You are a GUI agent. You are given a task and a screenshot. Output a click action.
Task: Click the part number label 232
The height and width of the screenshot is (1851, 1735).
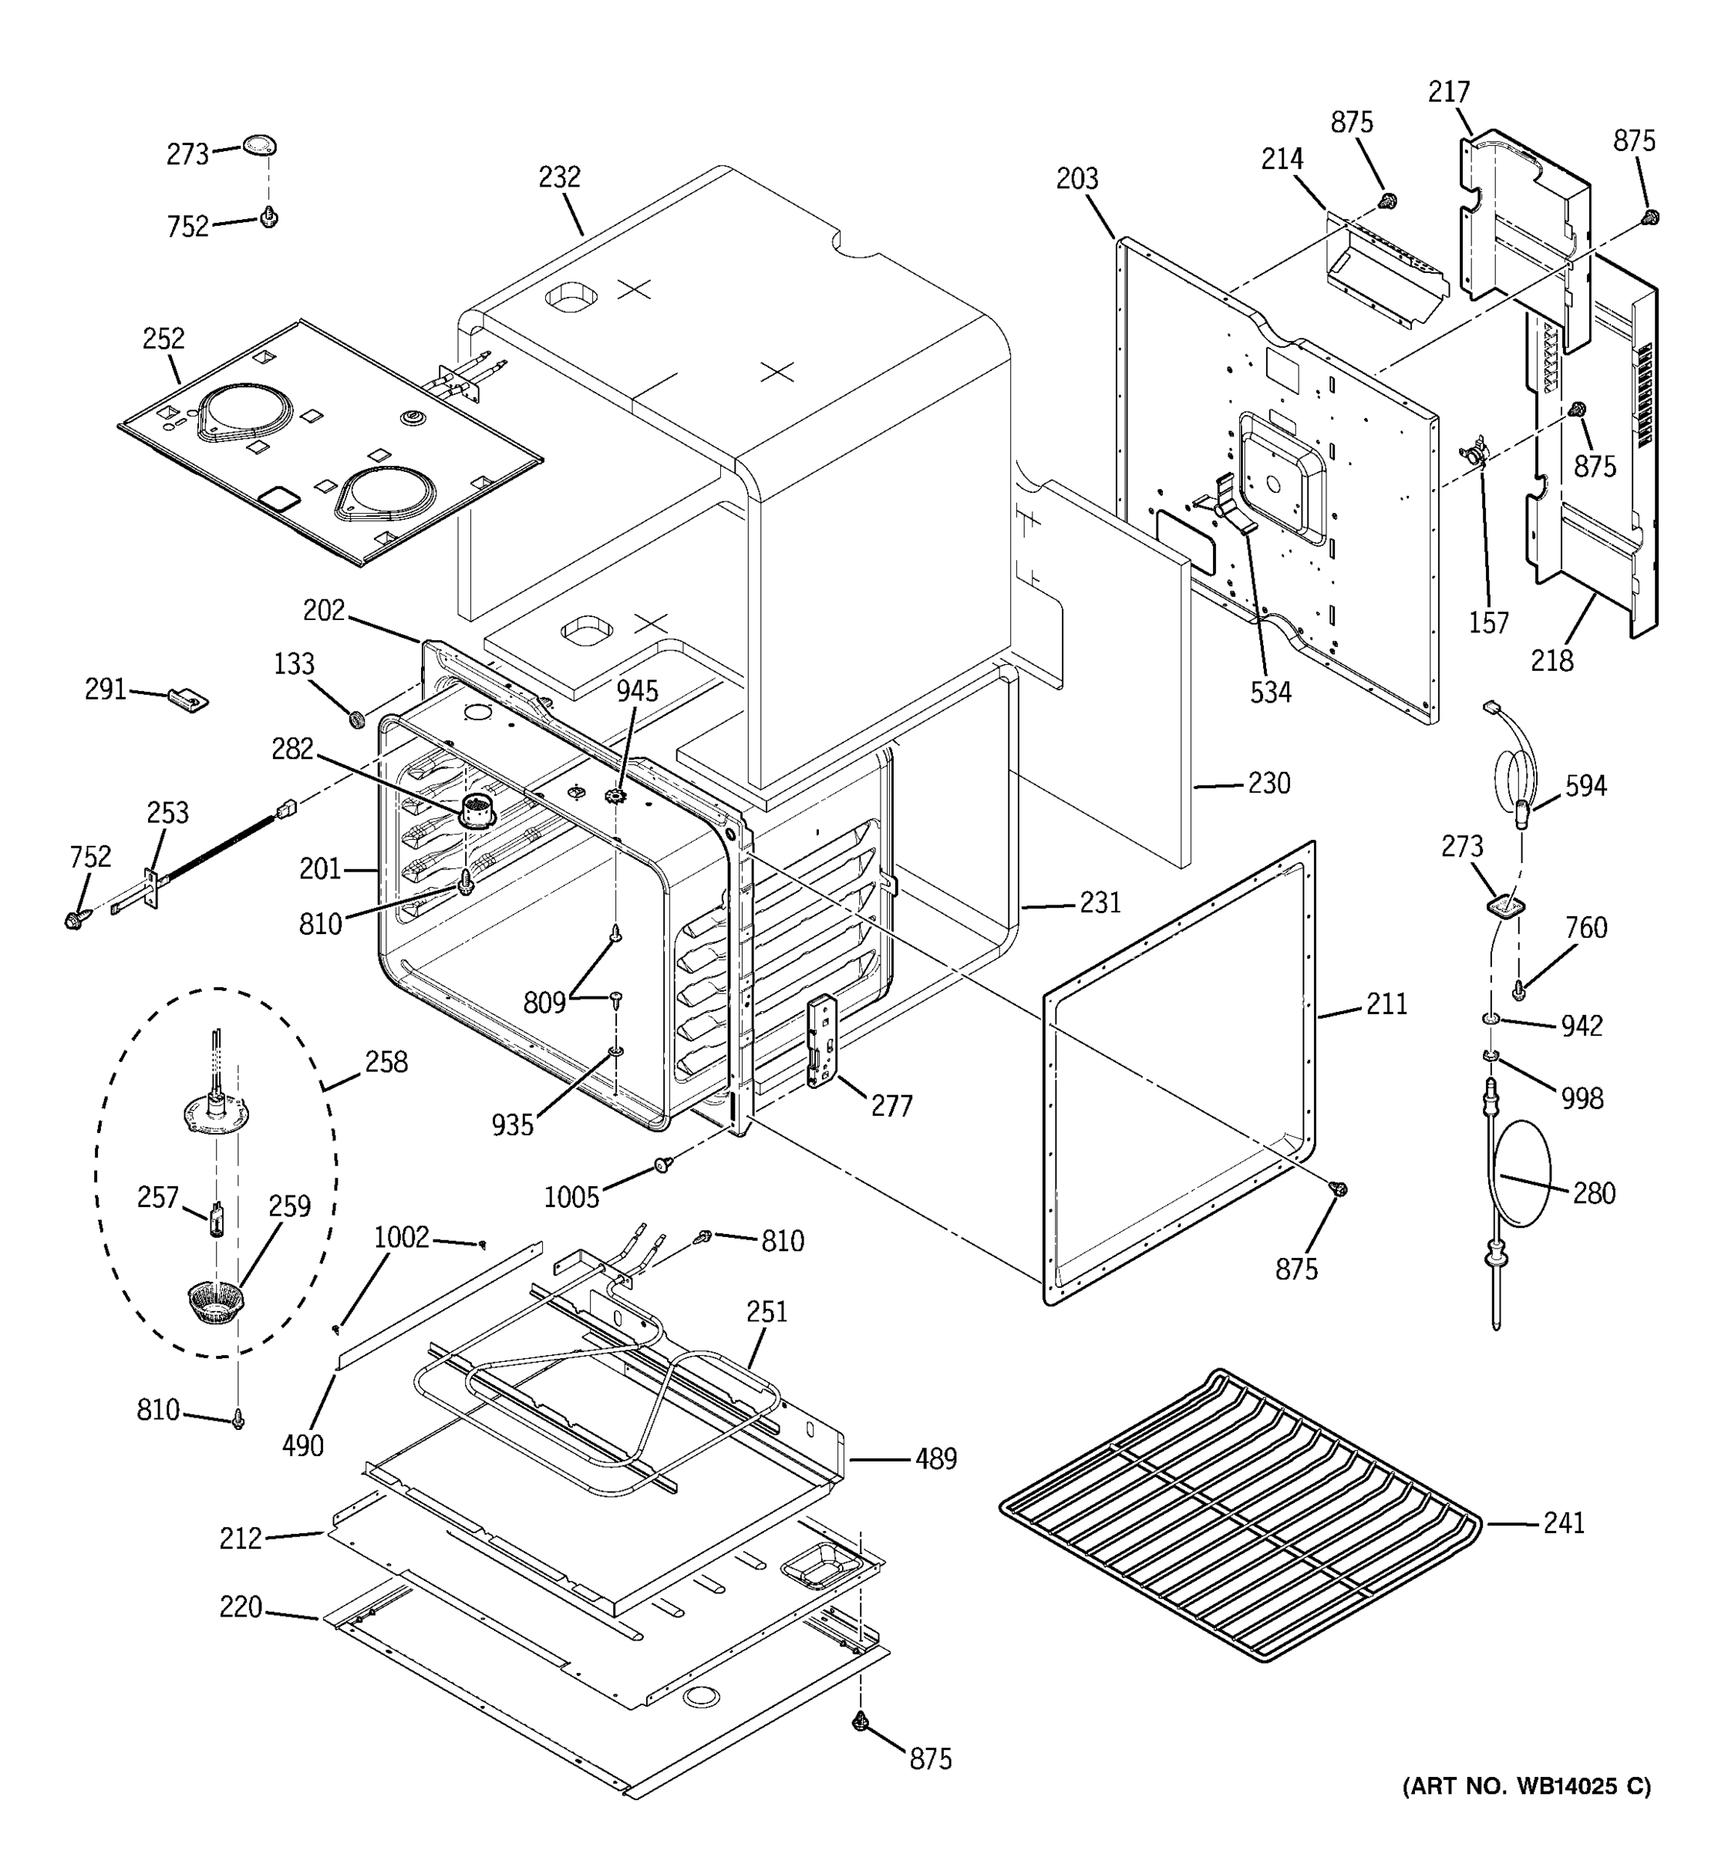coord(559,177)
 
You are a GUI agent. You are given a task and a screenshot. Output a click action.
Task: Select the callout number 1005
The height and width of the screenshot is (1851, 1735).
coord(571,1196)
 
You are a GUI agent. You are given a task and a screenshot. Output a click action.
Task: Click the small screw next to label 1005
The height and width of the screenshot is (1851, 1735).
coord(662,1164)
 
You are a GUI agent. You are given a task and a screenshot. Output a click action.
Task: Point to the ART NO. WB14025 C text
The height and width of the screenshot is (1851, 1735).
coord(1527,1785)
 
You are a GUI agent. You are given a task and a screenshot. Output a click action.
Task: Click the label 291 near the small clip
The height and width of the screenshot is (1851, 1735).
coord(105,689)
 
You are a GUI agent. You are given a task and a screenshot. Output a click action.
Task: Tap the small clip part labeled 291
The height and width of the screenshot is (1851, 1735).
coord(189,698)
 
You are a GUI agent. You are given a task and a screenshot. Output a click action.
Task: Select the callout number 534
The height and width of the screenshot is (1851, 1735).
coord(1271,692)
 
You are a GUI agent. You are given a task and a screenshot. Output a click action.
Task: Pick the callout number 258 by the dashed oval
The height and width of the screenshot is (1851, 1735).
coord(386,1061)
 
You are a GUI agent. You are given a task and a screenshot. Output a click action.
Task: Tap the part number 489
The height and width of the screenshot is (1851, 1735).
coord(935,1458)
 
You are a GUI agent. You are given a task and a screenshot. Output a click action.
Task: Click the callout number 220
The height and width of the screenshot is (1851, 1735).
coord(240,1607)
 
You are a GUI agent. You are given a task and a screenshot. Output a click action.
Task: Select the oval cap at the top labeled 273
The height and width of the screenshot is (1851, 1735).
coord(261,147)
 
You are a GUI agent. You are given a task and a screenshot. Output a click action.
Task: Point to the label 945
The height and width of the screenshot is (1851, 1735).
coord(637,691)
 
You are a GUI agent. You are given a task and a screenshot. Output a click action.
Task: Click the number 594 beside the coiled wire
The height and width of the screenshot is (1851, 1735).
coord(1585,786)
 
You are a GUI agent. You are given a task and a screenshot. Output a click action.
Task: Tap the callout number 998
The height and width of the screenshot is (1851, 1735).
coord(1582,1099)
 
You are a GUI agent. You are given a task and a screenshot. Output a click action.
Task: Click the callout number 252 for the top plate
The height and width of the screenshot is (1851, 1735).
coord(163,338)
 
